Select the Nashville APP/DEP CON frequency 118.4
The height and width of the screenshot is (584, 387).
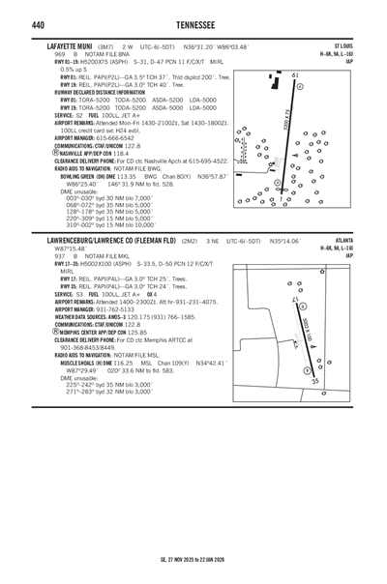pos(121,153)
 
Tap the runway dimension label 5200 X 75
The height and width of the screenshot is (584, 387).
pos(287,120)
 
